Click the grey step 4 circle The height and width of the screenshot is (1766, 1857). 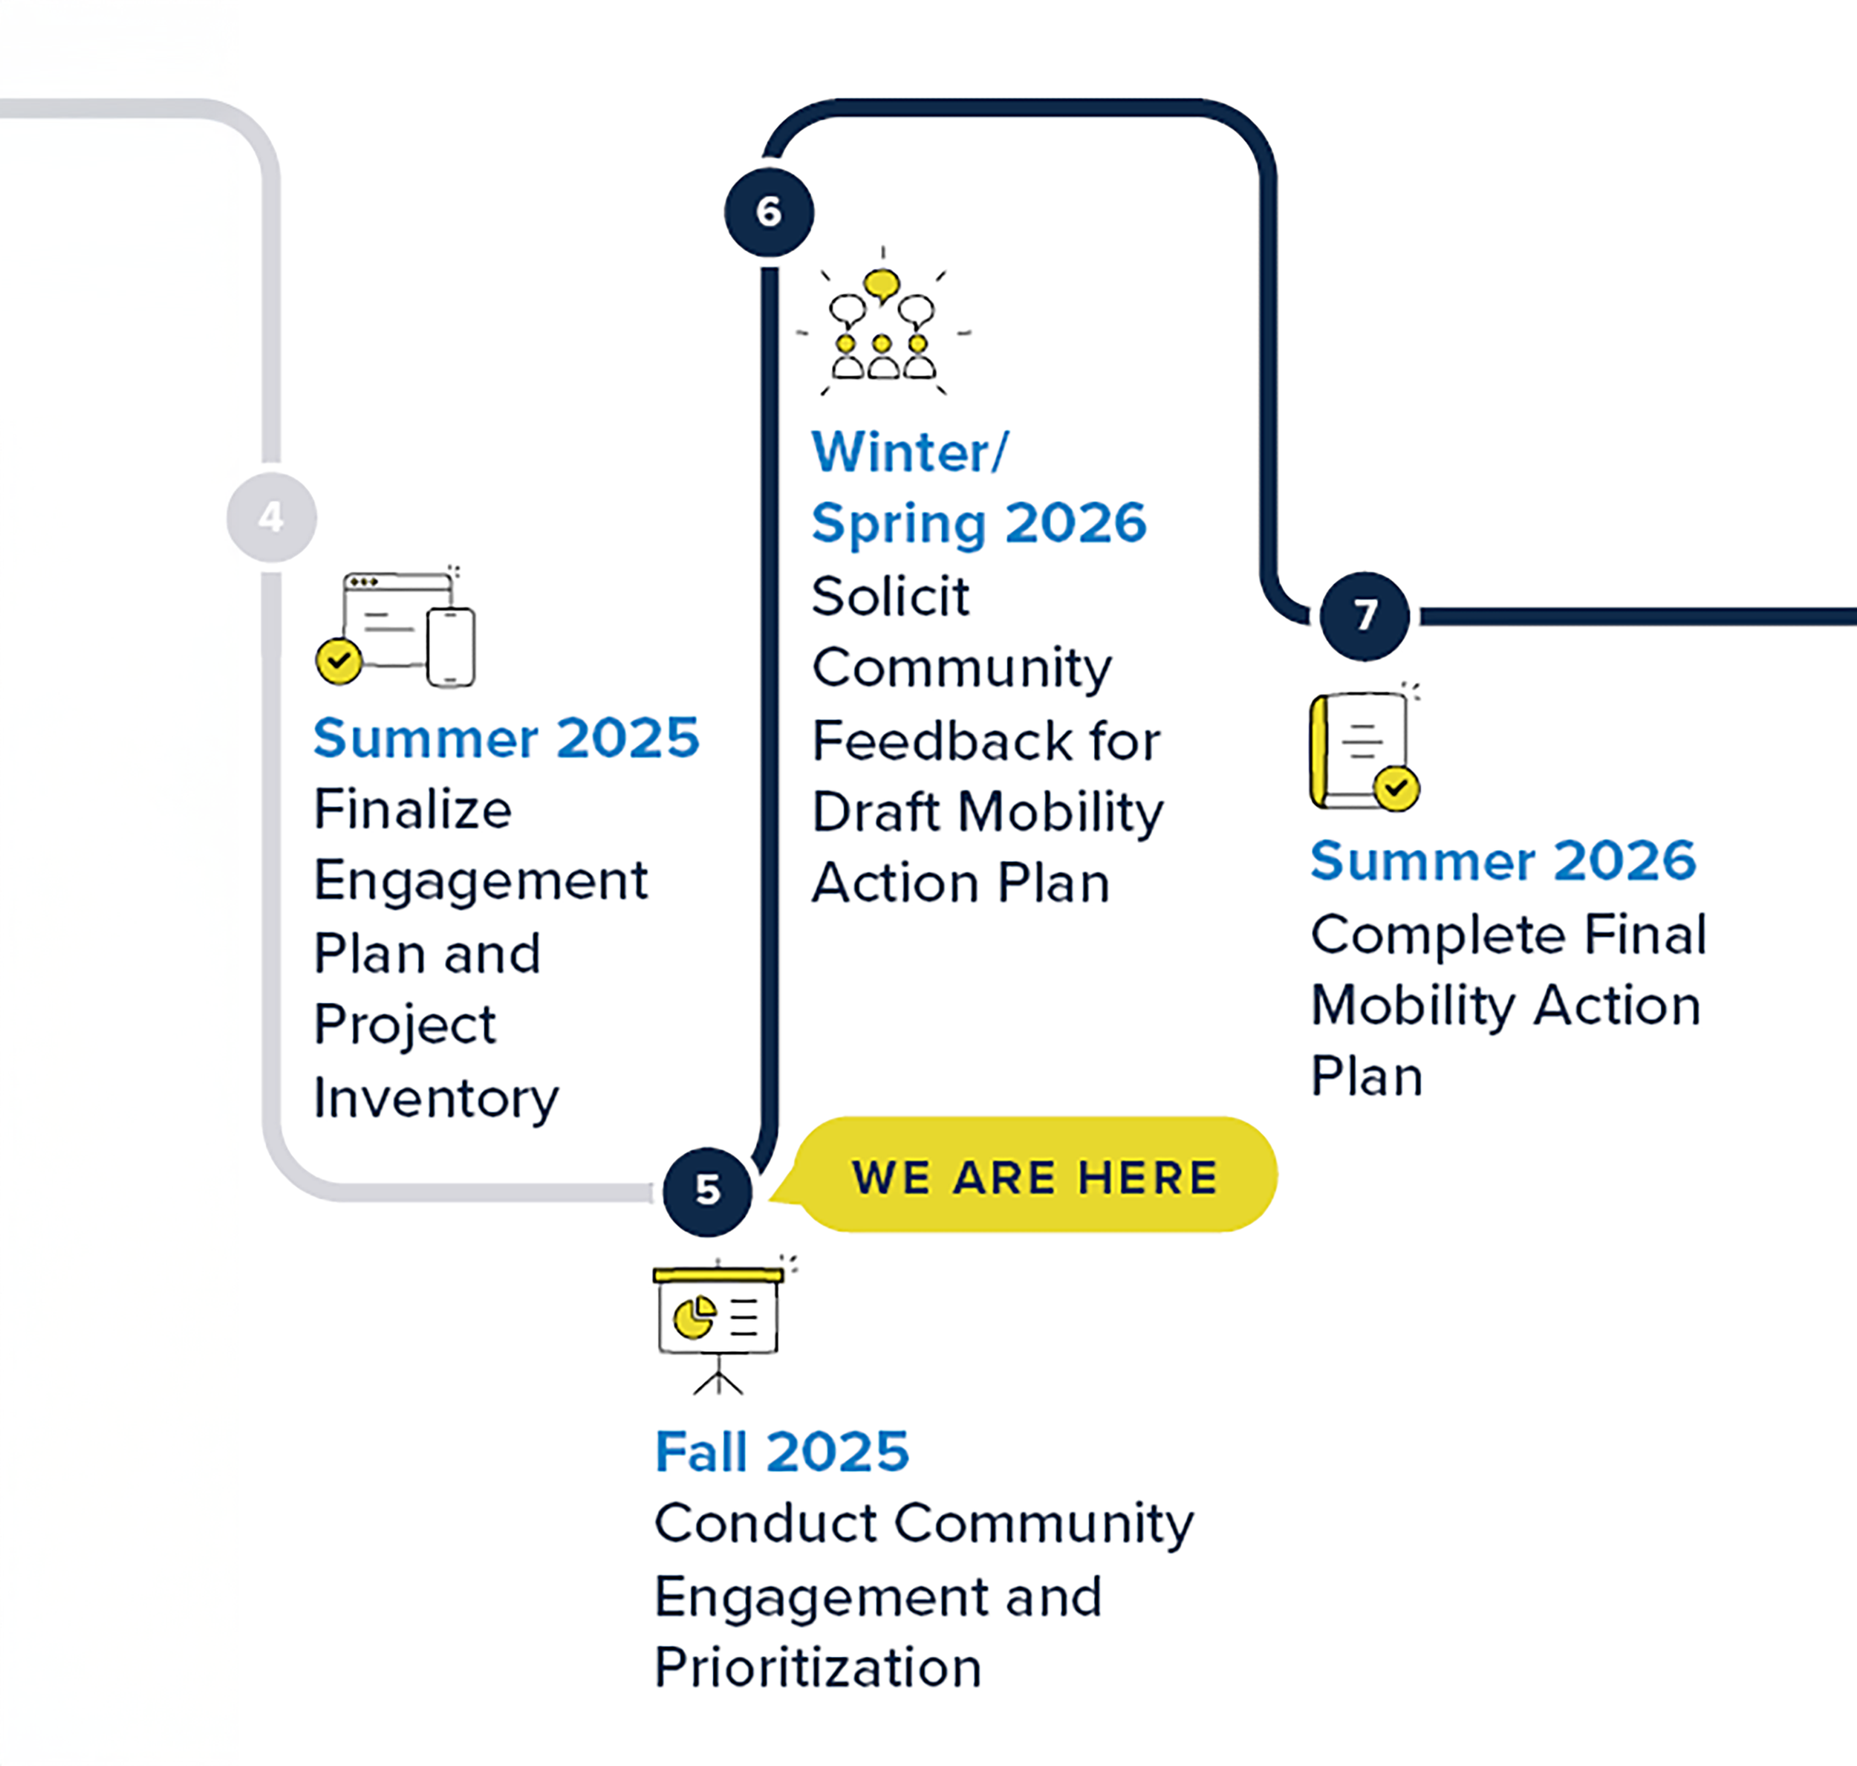271,517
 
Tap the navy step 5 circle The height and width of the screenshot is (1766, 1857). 707,1192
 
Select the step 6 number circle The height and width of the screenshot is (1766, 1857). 769,212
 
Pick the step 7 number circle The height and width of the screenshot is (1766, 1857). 1364,616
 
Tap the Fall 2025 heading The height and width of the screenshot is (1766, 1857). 782,1451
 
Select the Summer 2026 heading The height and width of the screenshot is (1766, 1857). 1503,860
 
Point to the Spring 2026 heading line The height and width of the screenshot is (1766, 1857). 979,522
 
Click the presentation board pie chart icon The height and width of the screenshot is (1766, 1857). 718,1322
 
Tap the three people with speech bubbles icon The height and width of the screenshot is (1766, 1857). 882,325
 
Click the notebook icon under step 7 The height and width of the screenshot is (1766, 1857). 1361,750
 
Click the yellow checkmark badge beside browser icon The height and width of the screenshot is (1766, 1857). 339,660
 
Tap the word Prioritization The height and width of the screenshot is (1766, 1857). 818,1668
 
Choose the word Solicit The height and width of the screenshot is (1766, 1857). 891,596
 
